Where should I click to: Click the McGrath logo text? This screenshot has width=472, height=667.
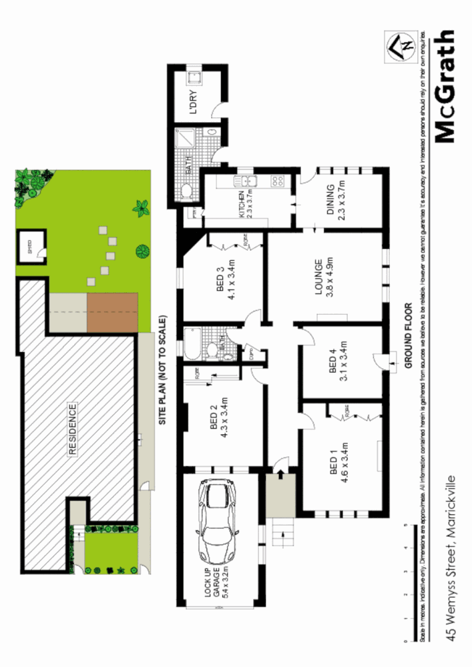click(x=445, y=86)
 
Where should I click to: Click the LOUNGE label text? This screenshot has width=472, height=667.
click(x=324, y=277)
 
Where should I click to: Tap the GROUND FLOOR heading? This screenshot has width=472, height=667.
click(x=408, y=337)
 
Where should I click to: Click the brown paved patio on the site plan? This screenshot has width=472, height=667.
click(x=112, y=312)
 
